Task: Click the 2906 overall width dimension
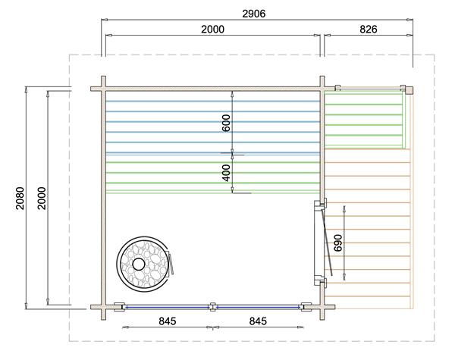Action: (x=253, y=14)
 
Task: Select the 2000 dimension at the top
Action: (x=212, y=30)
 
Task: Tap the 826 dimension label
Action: (x=369, y=30)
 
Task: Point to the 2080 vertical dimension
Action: (x=20, y=198)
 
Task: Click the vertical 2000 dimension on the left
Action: (x=42, y=198)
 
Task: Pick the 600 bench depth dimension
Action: (x=226, y=123)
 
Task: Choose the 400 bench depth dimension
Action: (x=226, y=173)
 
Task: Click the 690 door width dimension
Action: (x=338, y=243)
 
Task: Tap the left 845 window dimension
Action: (x=168, y=321)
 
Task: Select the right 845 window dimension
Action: (x=258, y=321)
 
